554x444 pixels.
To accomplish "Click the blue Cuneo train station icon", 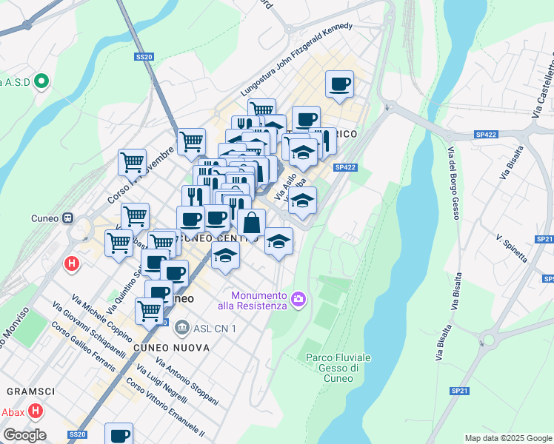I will coord(67,218).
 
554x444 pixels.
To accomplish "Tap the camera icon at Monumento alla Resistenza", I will coord(298,298).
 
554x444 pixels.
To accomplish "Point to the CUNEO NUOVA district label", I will coord(164,347).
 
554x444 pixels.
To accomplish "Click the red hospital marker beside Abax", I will coord(34,411).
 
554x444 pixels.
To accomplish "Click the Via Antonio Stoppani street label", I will coord(187,381).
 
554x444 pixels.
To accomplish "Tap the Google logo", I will coord(24,435).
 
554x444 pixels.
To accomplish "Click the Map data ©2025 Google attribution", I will coord(508,438).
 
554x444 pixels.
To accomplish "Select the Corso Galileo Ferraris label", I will coord(83,346).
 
